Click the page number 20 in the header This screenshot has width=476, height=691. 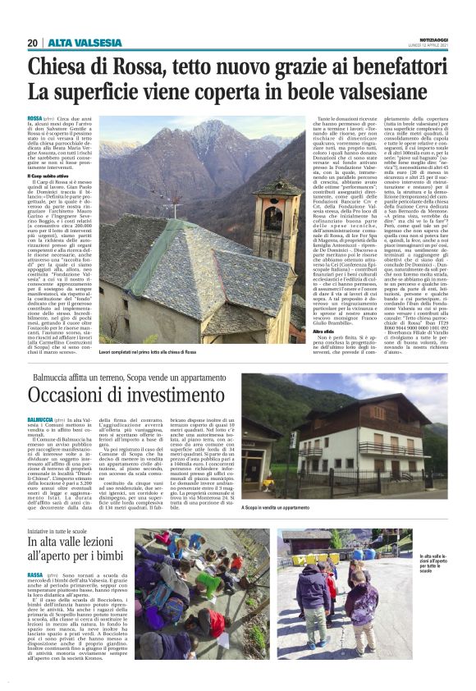(33, 43)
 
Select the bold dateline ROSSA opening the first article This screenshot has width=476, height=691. (34, 119)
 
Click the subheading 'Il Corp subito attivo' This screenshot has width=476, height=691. (48, 176)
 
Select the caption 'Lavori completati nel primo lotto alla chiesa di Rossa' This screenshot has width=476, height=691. (148, 351)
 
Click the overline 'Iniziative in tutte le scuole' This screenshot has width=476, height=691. (61, 532)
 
